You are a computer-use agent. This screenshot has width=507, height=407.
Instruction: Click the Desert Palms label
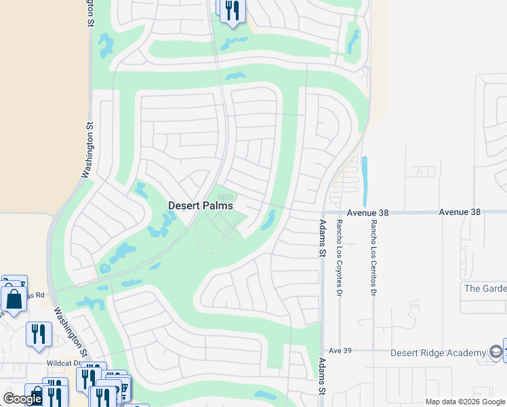pos(201,205)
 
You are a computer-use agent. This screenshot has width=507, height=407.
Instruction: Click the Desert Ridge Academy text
pos(439,353)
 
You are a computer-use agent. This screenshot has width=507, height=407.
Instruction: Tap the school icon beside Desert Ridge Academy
pos(497,352)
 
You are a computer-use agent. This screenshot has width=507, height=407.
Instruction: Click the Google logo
pos(22,399)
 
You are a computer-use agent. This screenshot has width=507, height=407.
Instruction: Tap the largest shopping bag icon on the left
pos(14,299)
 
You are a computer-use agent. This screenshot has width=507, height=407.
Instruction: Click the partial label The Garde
pos(485,288)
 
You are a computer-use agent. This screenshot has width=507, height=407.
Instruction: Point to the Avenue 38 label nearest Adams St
pos(368,212)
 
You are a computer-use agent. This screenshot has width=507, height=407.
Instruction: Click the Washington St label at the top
pos(89,14)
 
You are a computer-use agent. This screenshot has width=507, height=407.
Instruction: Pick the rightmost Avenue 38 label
pos(460,212)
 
